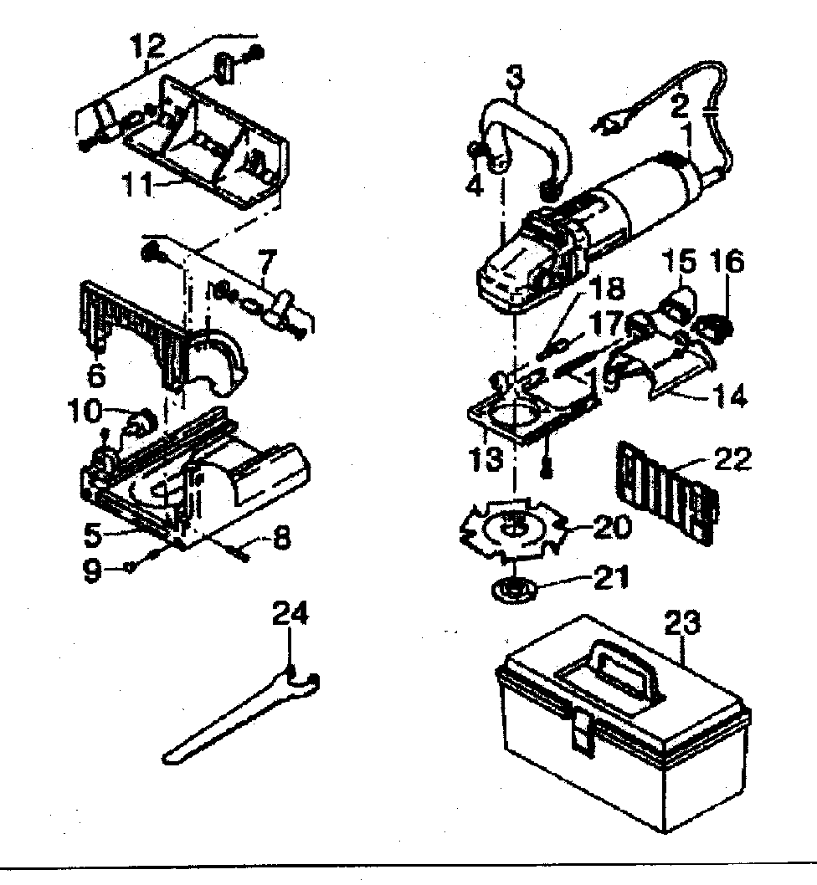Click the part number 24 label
point(290,613)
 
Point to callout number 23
point(682,623)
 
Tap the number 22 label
point(732,459)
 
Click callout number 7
point(267,262)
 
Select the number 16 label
point(726,262)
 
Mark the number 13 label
point(486,458)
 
